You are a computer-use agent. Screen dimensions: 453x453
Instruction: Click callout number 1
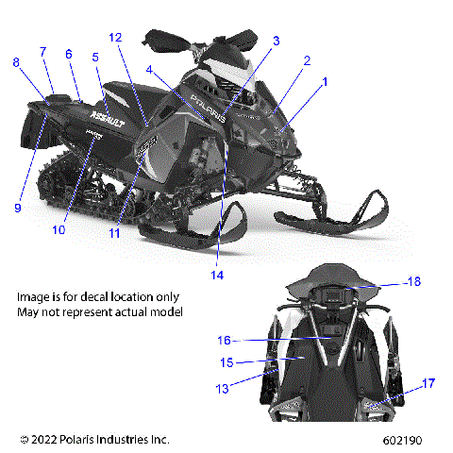tap(326, 82)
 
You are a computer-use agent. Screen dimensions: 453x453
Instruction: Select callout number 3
tap(277, 41)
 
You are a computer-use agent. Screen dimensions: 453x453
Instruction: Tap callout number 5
tap(94, 58)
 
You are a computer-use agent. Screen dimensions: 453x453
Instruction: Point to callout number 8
tap(15, 62)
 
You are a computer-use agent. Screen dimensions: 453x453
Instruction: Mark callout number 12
tap(115, 37)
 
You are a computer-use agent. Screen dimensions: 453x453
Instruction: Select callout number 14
tap(217, 276)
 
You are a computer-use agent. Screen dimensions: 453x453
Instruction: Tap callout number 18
tap(413, 282)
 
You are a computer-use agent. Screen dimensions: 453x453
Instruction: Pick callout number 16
tap(224, 340)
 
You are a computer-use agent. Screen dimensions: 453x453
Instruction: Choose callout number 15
tap(224, 361)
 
